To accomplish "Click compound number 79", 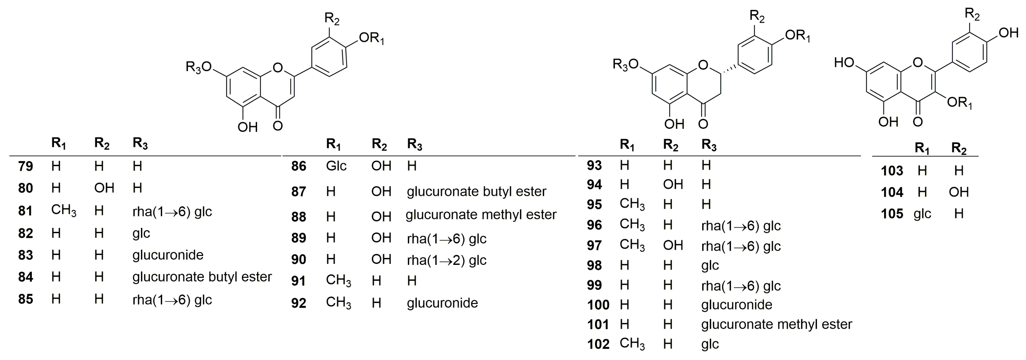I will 26,166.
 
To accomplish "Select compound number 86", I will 299,166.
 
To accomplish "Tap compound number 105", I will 892,214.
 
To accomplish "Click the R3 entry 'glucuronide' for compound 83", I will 168,255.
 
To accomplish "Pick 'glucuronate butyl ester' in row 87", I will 476,191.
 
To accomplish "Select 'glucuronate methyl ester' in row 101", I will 776,325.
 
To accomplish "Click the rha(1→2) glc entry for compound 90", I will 447,260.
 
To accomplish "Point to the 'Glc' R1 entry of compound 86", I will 336,166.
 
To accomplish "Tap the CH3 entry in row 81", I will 63,210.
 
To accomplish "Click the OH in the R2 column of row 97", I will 673,245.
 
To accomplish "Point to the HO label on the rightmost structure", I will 844,63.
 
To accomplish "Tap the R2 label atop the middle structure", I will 757,17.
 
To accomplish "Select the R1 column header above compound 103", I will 922,148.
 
